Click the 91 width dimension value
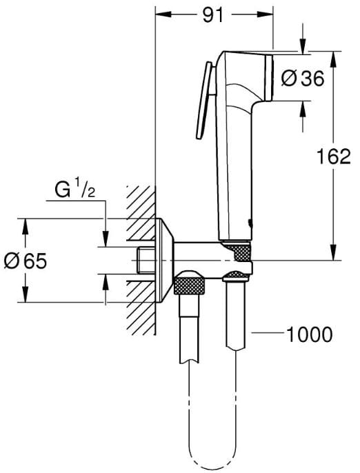tap(212, 15)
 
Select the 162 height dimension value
tap(333, 157)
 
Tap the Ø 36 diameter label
tap(303, 79)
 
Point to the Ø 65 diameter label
tap(26, 261)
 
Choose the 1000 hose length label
tap(309, 334)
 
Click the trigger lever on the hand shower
tap(205, 100)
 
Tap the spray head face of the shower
tap(268, 78)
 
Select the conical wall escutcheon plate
tap(165, 260)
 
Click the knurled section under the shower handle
tap(240, 251)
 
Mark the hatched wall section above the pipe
tap(141, 212)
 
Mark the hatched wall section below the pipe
tap(141, 308)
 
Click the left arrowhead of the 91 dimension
tap(163, 14)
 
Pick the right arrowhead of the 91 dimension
tap(265, 14)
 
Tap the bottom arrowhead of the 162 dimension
tap(333, 252)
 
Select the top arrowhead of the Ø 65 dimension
tap(26, 226)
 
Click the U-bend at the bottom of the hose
tap(212, 461)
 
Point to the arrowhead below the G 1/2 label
tap(106, 239)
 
